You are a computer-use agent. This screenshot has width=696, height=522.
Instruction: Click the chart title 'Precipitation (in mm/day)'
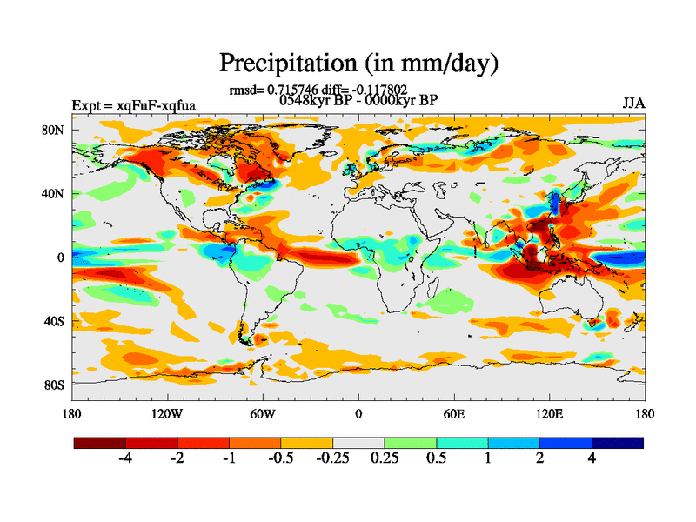point(358,63)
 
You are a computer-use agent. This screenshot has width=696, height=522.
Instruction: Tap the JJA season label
point(633,104)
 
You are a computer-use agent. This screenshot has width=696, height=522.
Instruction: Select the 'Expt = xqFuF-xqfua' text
point(133,106)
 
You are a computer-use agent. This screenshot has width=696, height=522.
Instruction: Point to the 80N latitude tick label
point(54,130)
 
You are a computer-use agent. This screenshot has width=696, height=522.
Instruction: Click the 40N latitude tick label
point(54,193)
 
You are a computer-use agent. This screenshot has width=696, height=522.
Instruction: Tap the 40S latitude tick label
point(55,321)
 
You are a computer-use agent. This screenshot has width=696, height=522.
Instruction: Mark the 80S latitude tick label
point(55,385)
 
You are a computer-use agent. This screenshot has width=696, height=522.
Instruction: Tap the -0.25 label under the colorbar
point(332,458)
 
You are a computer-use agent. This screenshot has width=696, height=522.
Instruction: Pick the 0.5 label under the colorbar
point(436,458)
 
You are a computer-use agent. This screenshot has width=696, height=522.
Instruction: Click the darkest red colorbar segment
point(100,443)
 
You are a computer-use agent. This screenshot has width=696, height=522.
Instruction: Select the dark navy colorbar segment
point(618,443)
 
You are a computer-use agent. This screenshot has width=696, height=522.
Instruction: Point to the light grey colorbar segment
point(358,443)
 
